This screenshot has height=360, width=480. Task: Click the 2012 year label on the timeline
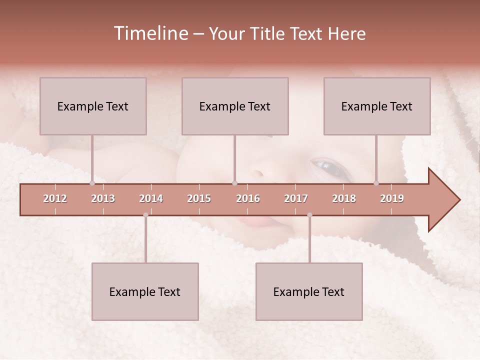pyautogui.click(x=55, y=198)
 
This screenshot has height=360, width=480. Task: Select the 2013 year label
pyautogui.click(x=103, y=198)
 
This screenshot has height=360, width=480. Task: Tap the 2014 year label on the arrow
pyautogui.click(x=151, y=198)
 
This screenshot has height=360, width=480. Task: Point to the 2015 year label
pyautogui.click(x=199, y=198)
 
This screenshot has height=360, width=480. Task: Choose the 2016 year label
pyautogui.click(x=248, y=198)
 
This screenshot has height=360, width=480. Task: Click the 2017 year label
pyautogui.click(x=296, y=198)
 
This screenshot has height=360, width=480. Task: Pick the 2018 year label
pyautogui.click(x=344, y=198)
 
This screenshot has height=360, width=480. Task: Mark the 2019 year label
pyautogui.click(x=392, y=198)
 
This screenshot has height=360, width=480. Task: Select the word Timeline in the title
pyautogui.click(x=150, y=33)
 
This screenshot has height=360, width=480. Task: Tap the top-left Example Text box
pyautogui.click(x=93, y=106)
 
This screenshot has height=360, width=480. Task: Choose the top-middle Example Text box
pyautogui.click(x=235, y=106)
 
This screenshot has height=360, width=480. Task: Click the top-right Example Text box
pyautogui.click(x=377, y=106)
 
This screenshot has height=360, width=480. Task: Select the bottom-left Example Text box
pyautogui.click(x=145, y=291)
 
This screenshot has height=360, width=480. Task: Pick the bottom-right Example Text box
pyautogui.click(x=309, y=291)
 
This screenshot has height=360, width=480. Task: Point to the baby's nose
pyautogui.click(x=257, y=174)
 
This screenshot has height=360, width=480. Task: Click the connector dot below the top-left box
pyautogui.click(x=92, y=183)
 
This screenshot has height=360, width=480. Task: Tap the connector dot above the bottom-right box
pyautogui.click(x=309, y=215)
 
